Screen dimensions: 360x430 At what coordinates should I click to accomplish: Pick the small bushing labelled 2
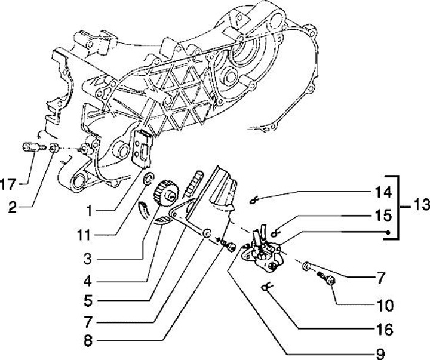click(x=53, y=148)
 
